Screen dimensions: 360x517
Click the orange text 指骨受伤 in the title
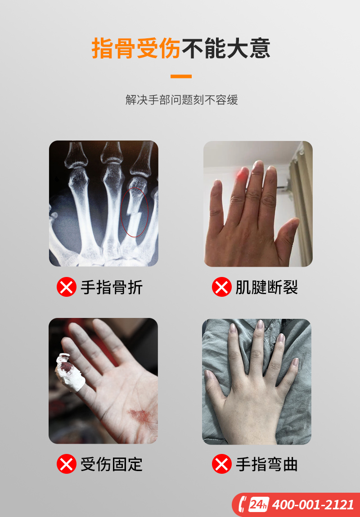coord(136,48)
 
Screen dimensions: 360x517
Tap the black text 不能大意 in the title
coord(226,48)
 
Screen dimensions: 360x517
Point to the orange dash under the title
coord(181,77)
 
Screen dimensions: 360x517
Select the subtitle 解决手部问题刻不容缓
coord(181,100)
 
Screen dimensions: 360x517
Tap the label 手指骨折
coord(112,287)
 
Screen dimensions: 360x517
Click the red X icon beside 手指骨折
coord(67,287)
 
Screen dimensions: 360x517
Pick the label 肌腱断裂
coord(267,287)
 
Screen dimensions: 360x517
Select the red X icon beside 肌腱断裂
coord(222,287)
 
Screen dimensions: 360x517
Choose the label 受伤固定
coord(112,464)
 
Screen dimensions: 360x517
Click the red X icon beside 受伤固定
coord(67,464)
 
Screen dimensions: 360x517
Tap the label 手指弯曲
coord(267,464)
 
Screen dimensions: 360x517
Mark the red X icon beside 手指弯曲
coord(222,464)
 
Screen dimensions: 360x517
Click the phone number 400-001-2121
coord(313,505)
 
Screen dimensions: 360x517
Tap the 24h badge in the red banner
coord(259,504)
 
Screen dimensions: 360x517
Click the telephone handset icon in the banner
coord(243,504)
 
